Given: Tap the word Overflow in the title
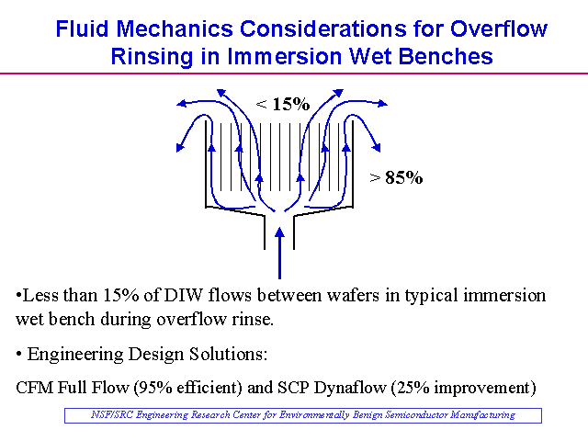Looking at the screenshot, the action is tap(499, 28).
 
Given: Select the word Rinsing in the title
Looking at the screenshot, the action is tap(152, 57).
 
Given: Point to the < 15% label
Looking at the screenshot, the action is tap(283, 104).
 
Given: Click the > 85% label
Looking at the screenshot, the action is tap(396, 177).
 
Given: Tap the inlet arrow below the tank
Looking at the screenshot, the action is tap(279, 254).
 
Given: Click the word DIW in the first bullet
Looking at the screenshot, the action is tap(184, 296).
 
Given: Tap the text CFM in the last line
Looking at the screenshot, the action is tap(35, 388).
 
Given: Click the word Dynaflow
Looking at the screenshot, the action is tap(350, 388).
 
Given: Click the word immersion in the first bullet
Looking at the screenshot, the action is tap(504, 296).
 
